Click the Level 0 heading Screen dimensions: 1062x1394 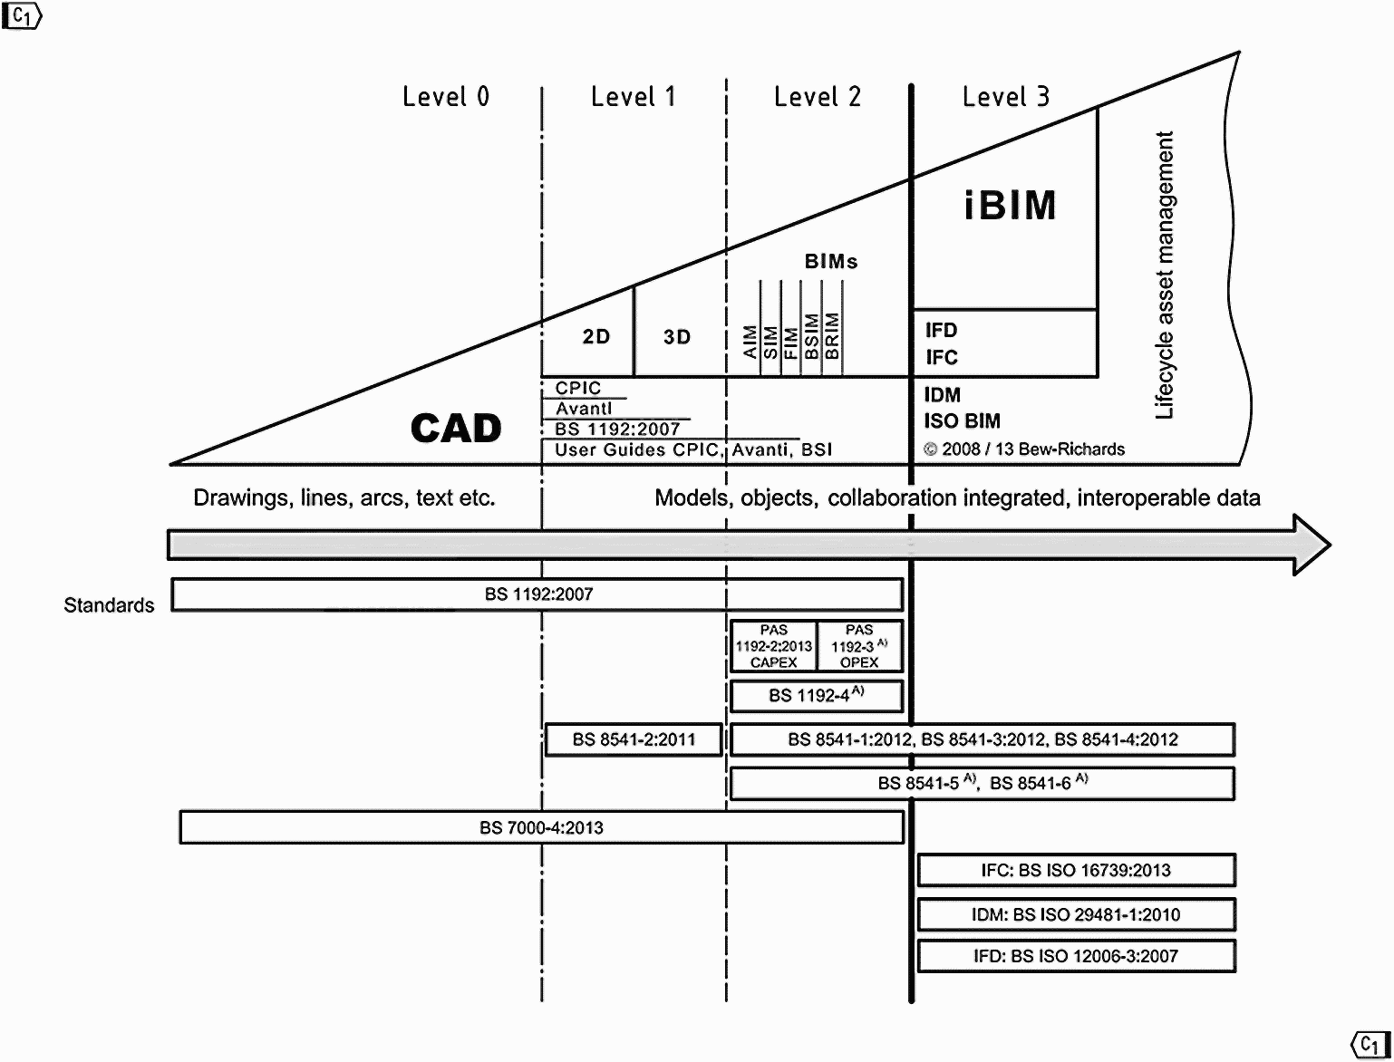point(446,96)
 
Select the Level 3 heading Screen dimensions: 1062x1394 point(1006,96)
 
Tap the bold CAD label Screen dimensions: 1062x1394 point(456,428)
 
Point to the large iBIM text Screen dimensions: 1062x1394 point(1010,206)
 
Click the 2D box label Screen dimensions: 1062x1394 point(595,337)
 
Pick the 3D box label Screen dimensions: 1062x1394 point(677,337)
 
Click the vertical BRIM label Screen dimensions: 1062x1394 point(833,335)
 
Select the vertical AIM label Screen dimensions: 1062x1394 point(750,342)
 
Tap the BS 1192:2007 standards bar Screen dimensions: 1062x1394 point(537,594)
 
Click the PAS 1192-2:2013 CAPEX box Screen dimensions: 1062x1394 point(773,646)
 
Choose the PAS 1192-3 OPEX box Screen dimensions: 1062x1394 point(859,646)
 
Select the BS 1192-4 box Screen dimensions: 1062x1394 point(816,696)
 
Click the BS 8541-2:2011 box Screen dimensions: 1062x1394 point(634,739)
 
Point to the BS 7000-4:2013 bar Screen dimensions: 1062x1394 point(541,827)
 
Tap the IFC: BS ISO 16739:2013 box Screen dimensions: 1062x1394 point(1076,870)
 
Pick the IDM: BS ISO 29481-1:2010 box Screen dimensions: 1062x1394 point(1076,914)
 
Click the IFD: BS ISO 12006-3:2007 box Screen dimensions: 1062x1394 point(1076,956)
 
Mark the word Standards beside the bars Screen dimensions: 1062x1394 point(109,605)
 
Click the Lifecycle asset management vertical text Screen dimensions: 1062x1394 point(1165,275)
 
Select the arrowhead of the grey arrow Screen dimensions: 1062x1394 point(1311,545)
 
